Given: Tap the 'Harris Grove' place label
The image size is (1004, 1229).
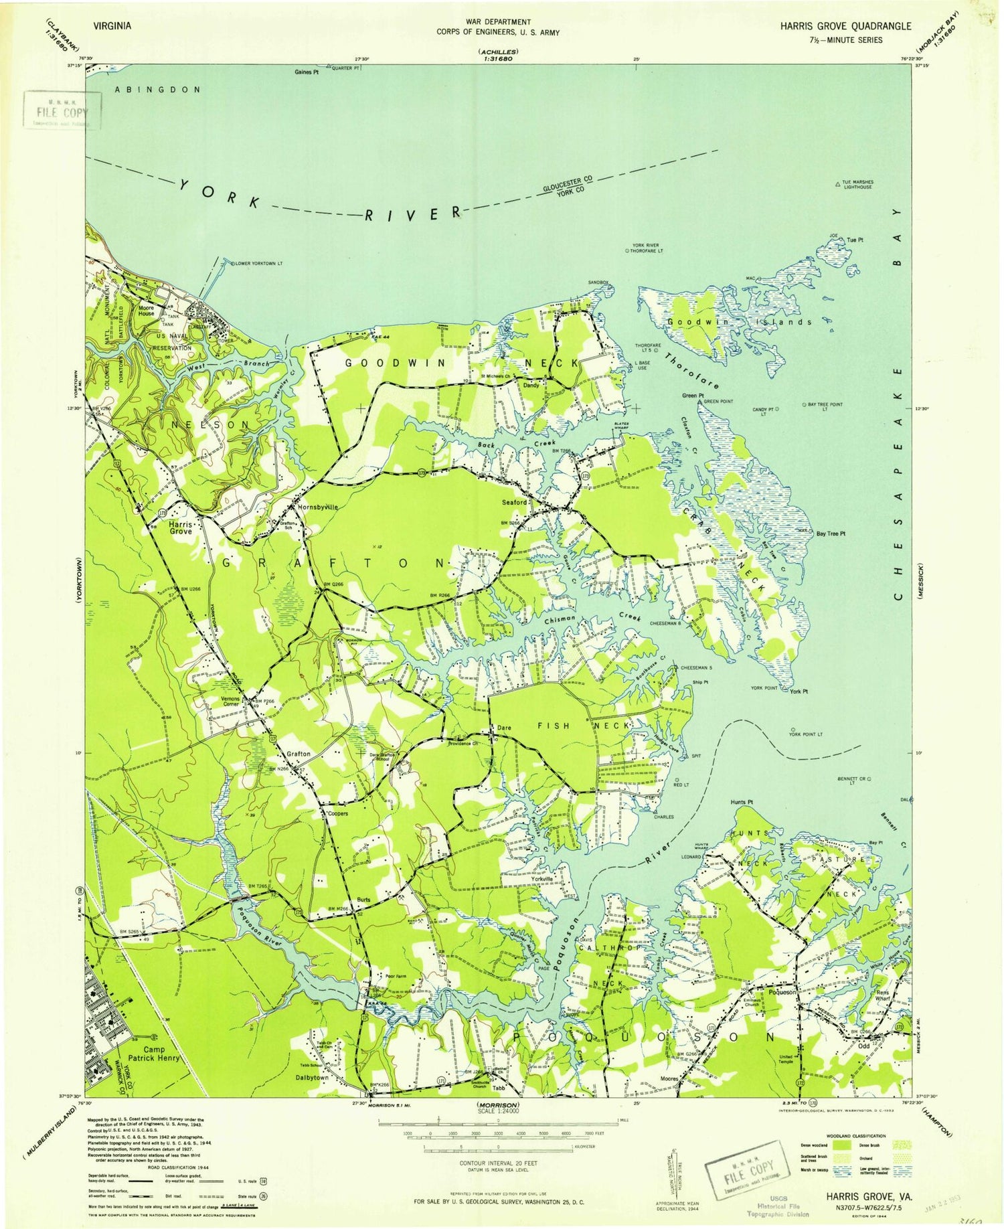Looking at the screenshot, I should tap(181, 527).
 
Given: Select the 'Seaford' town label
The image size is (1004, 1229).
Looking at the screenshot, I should tap(515, 502).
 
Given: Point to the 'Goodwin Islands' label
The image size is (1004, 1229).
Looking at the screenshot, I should tap(740, 322).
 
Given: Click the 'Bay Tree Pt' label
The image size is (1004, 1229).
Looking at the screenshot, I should tap(831, 534).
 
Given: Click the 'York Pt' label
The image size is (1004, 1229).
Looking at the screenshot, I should tap(799, 691).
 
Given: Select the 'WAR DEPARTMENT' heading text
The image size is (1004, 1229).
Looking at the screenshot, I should tap(498, 23).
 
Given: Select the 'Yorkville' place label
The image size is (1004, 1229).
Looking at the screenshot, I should tap(541, 880).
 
